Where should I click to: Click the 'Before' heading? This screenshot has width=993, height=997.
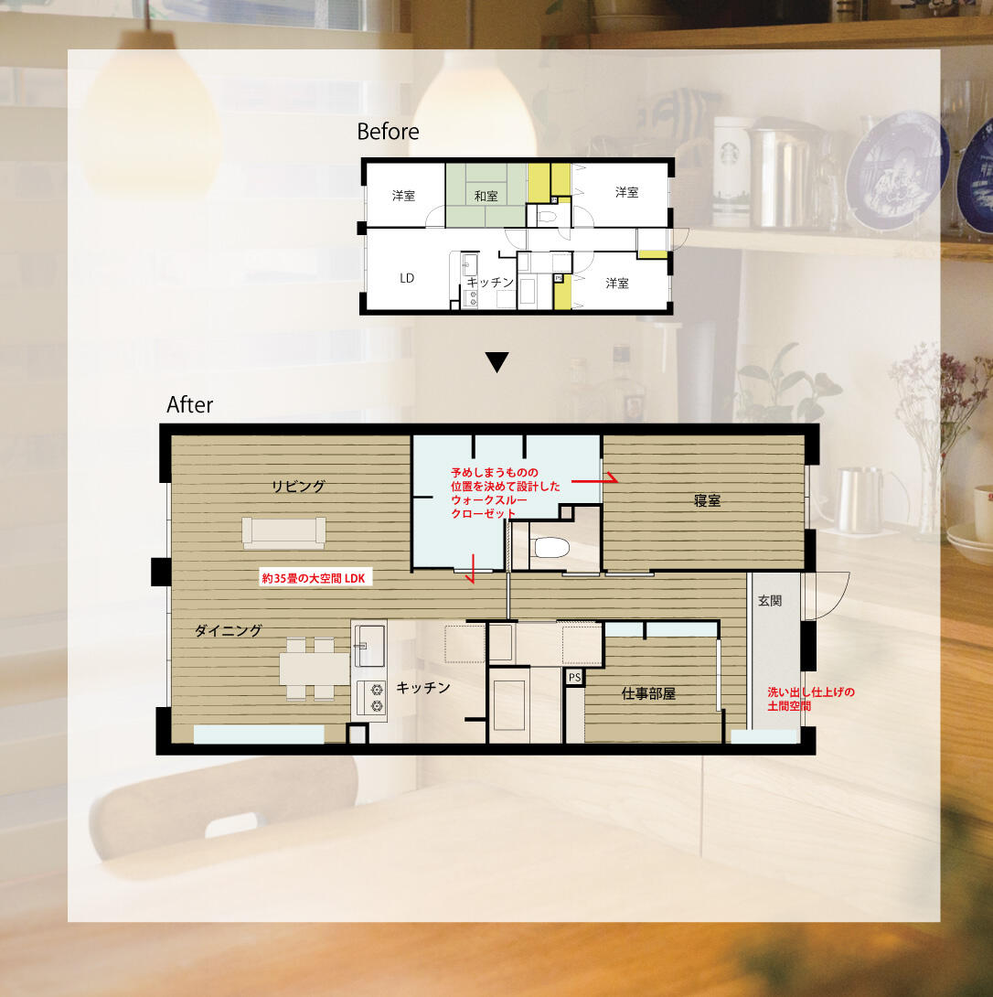point(388,132)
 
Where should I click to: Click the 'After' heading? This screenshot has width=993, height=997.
point(189,404)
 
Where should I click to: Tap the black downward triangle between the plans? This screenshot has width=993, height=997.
point(496,362)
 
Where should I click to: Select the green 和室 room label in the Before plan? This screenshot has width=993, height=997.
point(486,196)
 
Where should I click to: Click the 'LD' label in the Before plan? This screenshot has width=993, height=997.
point(407,278)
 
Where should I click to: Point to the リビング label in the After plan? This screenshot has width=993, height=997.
point(298,487)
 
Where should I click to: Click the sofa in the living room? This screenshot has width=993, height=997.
point(283,532)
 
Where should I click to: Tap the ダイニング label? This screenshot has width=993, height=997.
point(228,630)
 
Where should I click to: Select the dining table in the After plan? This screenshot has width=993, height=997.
point(314,669)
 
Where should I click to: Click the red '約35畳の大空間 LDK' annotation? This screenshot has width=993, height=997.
point(314,578)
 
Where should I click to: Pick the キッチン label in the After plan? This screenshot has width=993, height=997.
point(422,687)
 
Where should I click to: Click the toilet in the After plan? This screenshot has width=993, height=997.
point(550,547)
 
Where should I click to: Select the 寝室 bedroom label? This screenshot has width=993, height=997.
point(707,500)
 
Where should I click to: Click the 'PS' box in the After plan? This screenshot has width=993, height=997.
point(575,677)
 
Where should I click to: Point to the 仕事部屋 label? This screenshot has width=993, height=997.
point(648,693)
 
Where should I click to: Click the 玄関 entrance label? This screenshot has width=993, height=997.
point(770,600)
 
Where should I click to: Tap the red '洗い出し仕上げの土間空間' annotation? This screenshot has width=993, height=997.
point(810,699)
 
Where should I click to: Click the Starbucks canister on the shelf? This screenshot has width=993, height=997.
point(731,171)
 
